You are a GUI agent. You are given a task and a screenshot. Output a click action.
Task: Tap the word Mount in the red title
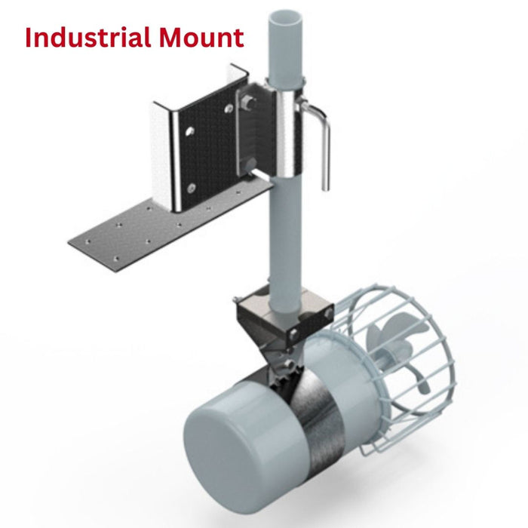(206, 37)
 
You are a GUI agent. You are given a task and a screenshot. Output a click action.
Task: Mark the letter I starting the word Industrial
(29, 37)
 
